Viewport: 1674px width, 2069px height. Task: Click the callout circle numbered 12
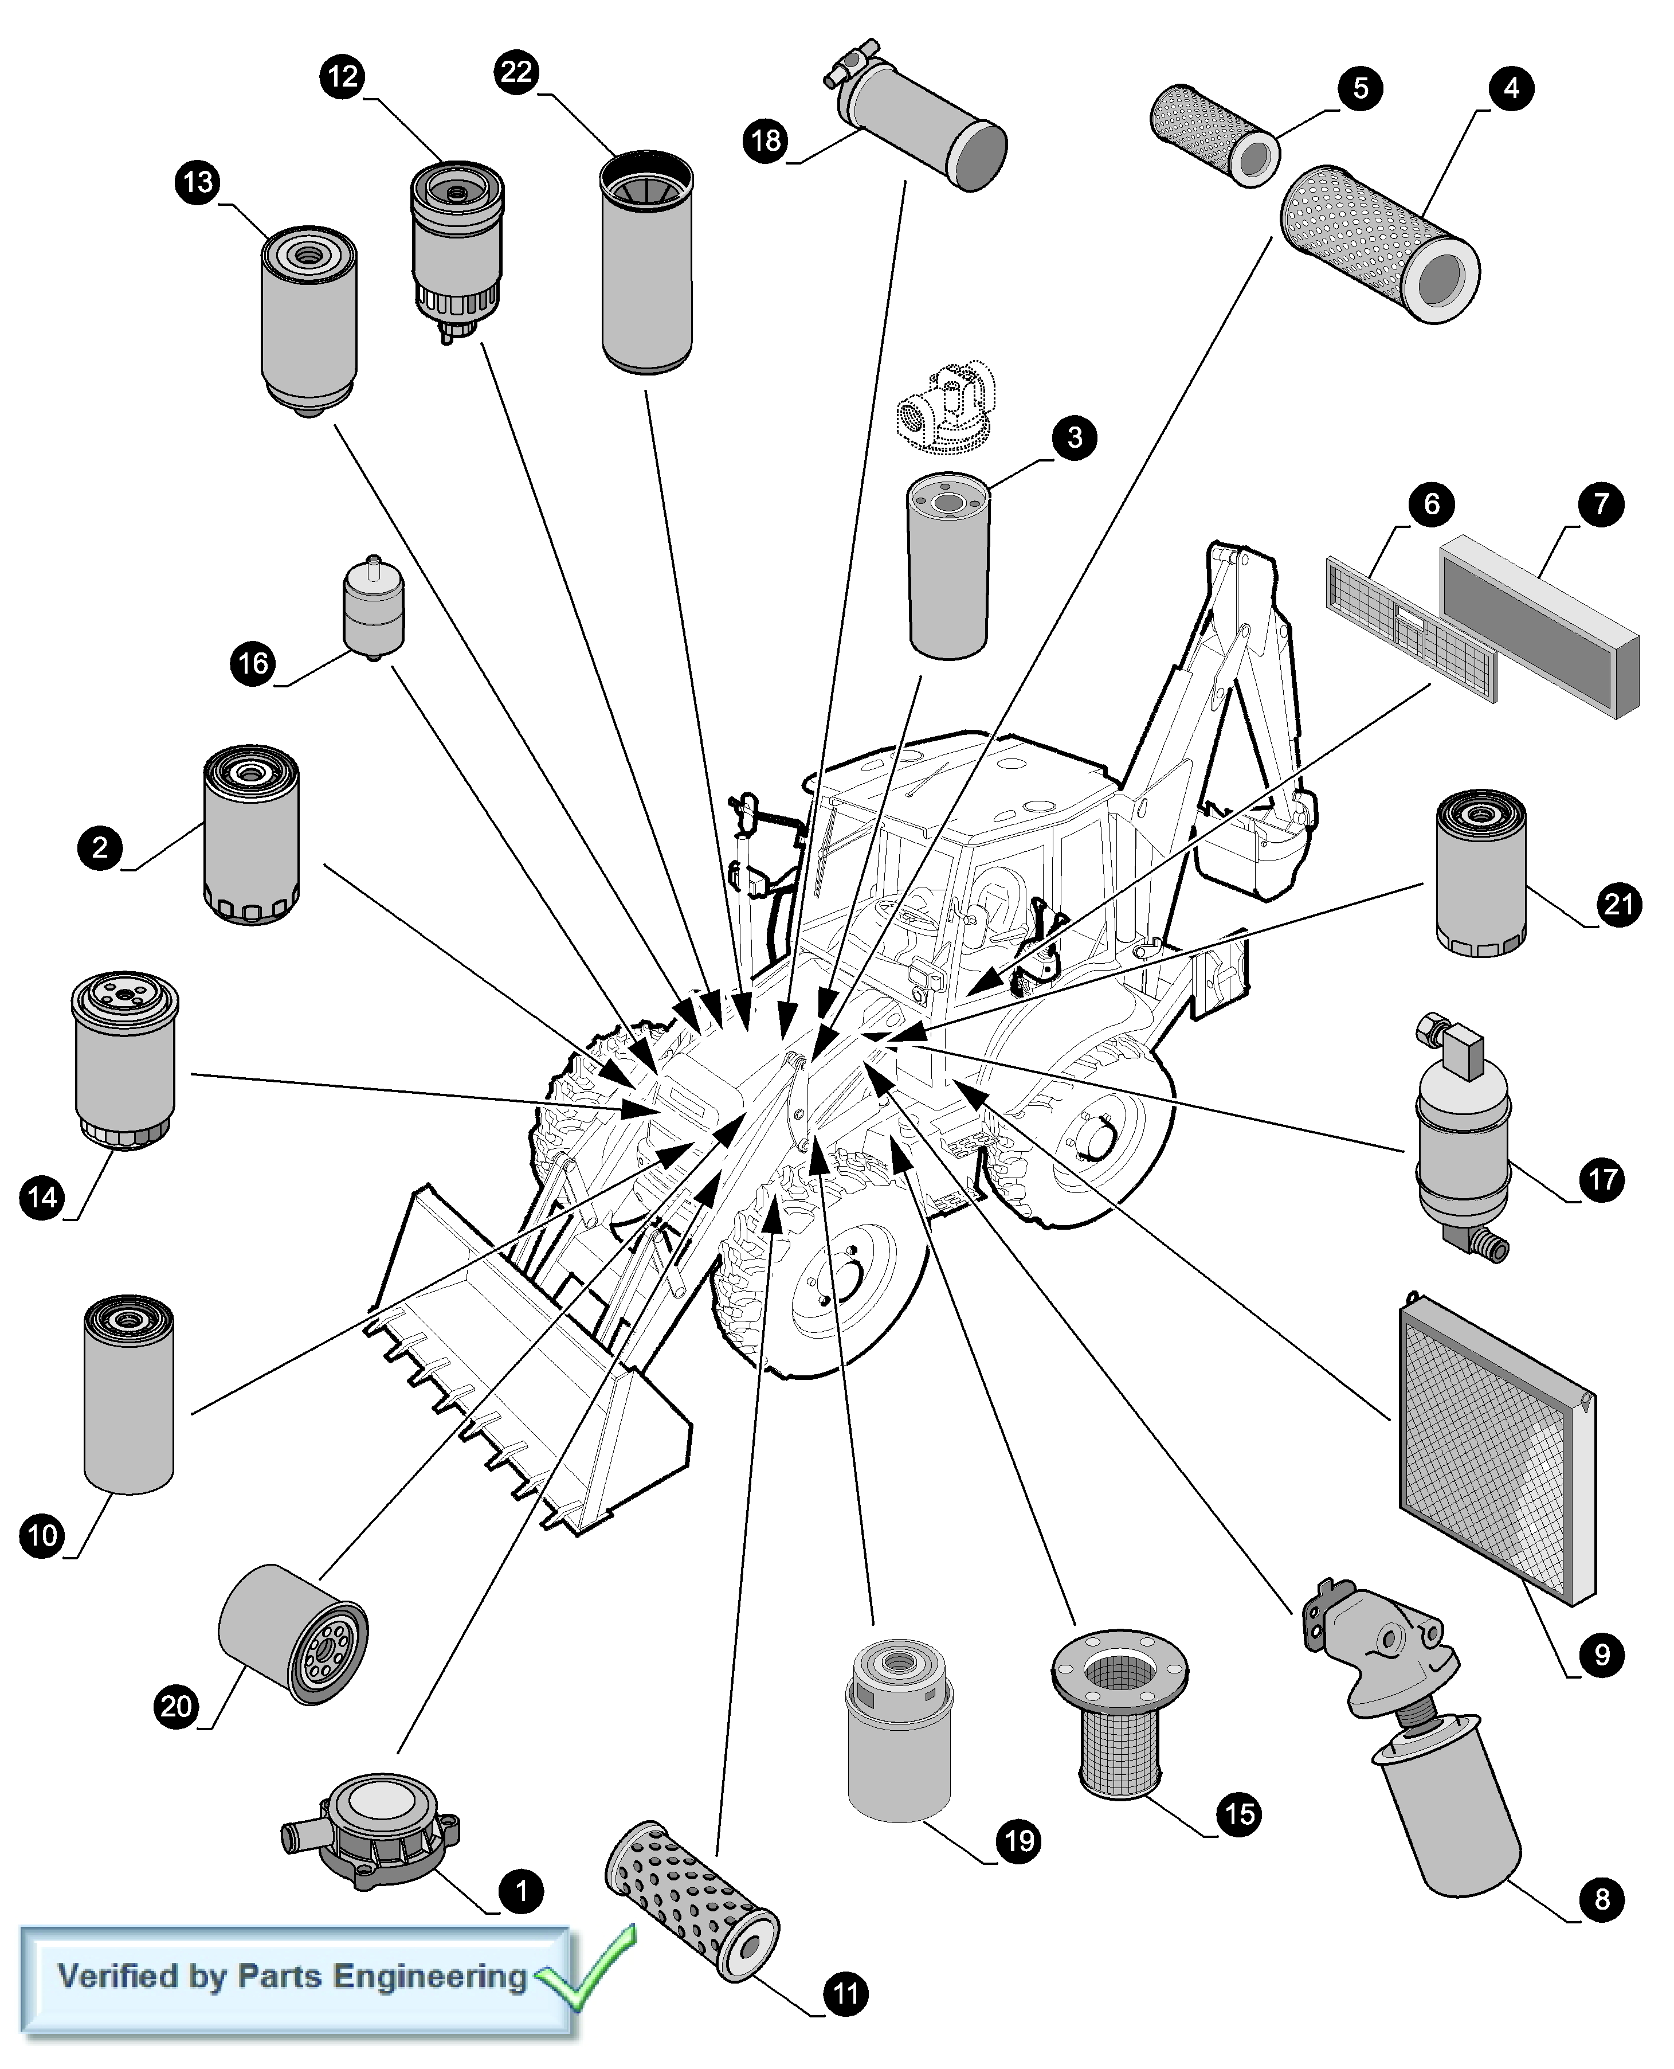click(342, 76)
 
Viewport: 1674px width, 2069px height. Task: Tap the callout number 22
click(517, 72)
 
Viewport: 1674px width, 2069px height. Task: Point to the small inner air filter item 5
click(1215, 135)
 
